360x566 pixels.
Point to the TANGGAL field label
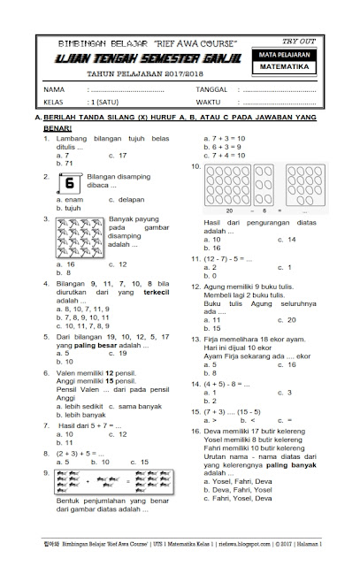click(x=208, y=90)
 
